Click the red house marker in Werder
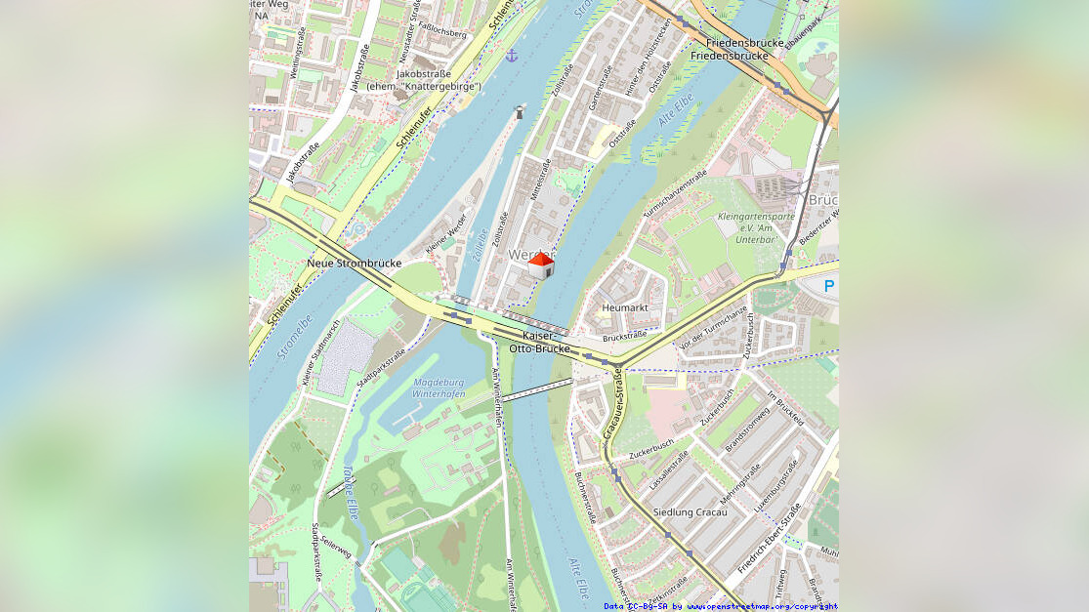pos(541,265)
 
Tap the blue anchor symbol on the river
pos(511,56)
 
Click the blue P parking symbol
pos(829,286)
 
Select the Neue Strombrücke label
pos(354,264)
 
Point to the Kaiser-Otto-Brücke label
pos(539,342)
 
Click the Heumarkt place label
pos(625,307)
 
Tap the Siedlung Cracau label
pos(690,512)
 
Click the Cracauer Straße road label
pos(613,402)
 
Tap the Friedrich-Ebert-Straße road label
pos(770,539)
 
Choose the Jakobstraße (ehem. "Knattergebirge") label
pos(424,80)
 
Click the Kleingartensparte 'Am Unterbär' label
pos(755,226)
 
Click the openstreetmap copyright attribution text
pos(720,606)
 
